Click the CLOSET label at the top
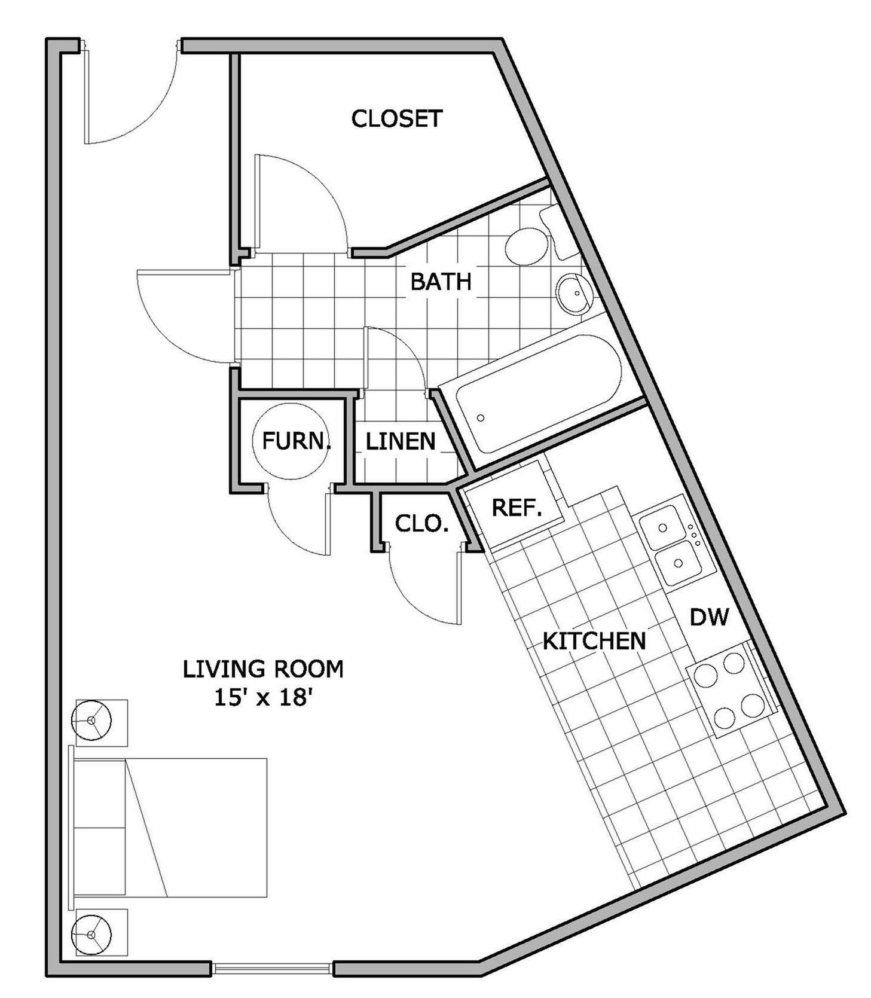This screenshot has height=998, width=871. pos(396,118)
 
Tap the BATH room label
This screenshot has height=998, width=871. pos(441,281)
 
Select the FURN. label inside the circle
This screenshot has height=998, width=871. pos(296,441)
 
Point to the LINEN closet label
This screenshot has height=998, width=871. pos(400,441)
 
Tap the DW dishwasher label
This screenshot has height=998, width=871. pos(709,616)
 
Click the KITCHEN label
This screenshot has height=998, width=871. pos(594,640)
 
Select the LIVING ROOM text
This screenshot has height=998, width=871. pos(263,669)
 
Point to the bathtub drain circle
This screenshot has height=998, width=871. pos(481,418)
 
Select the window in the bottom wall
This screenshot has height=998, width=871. pos(272,968)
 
